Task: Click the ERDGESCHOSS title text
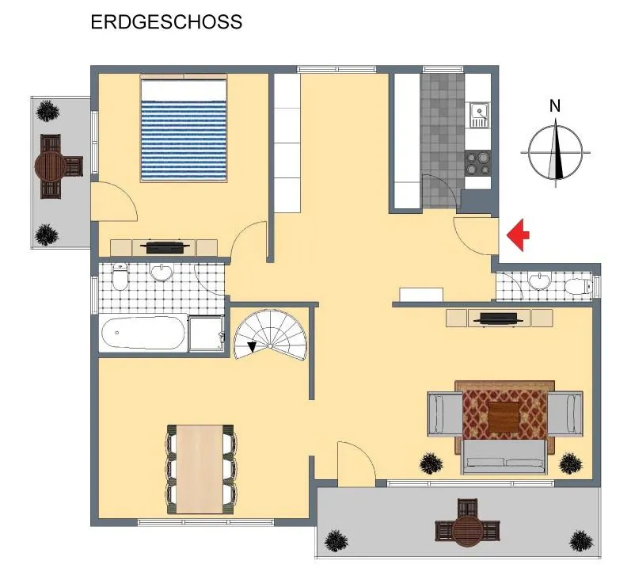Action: click(x=166, y=22)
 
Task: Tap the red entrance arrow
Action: click(x=518, y=235)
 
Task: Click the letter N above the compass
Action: click(x=555, y=106)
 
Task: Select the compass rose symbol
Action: click(x=556, y=153)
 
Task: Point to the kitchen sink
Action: click(x=479, y=114)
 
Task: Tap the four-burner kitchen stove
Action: click(x=478, y=163)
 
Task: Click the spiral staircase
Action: click(x=271, y=335)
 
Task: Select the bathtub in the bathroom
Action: click(x=143, y=333)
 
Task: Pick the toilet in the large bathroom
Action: click(x=120, y=277)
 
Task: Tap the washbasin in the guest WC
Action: click(x=539, y=280)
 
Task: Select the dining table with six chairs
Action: click(x=200, y=469)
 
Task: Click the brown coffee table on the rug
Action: click(x=504, y=418)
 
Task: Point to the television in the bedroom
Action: click(x=167, y=246)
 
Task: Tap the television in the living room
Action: click(x=498, y=319)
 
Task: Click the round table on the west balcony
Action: click(x=50, y=166)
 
